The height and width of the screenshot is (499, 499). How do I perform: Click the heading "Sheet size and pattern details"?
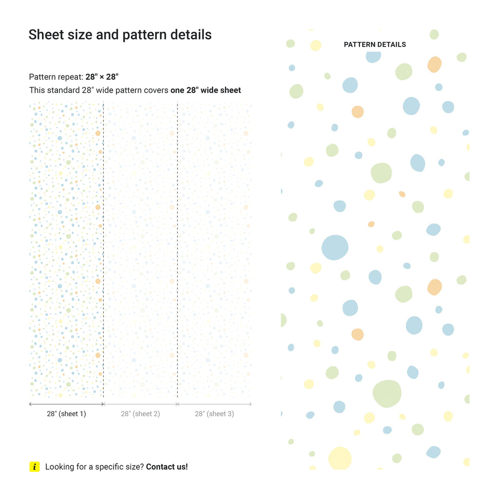(120, 35)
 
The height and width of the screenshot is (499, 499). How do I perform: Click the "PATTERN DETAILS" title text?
(375, 44)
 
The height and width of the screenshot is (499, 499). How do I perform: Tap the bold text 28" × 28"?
(102, 77)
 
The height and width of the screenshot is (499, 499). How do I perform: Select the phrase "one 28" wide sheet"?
(206, 90)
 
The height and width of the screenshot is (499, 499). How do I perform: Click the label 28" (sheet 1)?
(66, 414)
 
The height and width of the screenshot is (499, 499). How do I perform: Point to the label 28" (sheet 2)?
(140, 414)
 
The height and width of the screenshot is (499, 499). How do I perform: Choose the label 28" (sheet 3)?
(214, 414)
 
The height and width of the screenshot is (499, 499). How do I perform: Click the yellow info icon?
(35, 466)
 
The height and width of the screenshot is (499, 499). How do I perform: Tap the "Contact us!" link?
(167, 466)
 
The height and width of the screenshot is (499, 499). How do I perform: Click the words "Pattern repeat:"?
(56, 77)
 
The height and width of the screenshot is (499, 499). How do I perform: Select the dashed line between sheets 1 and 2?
(103, 244)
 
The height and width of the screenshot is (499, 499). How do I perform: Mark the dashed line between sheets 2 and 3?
(177, 244)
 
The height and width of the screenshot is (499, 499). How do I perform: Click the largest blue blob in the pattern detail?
(335, 247)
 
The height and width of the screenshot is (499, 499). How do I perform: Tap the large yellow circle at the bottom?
(340, 458)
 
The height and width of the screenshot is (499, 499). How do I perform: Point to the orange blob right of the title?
(434, 64)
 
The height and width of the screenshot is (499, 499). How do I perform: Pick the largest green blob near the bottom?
(387, 393)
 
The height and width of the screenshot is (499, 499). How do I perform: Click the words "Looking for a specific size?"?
(95, 466)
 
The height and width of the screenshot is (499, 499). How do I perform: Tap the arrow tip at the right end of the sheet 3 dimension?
(251, 404)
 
